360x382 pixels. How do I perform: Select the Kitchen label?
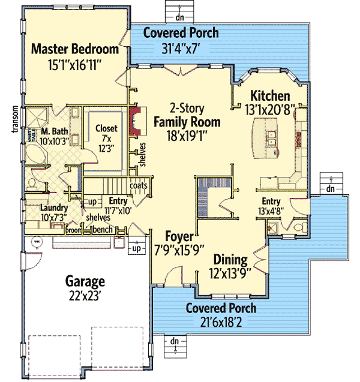(270, 96)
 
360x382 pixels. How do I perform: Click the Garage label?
(86, 281)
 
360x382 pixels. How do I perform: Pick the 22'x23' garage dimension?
(86, 294)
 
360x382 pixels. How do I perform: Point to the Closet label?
(106, 128)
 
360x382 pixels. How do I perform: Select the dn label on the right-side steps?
(329, 188)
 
